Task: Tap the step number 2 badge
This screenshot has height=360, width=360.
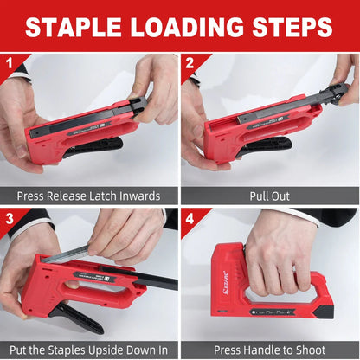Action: coord(190,62)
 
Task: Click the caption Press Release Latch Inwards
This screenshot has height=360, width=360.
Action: coord(90,196)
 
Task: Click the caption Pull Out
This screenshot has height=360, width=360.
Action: coord(270,196)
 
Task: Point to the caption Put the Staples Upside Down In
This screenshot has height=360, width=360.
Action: coord(90,350)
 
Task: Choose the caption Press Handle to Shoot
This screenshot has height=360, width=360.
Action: coord(270,350)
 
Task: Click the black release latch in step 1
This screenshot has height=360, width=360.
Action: coord(136,106)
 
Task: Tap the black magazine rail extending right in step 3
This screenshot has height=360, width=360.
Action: coord(156,280)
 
